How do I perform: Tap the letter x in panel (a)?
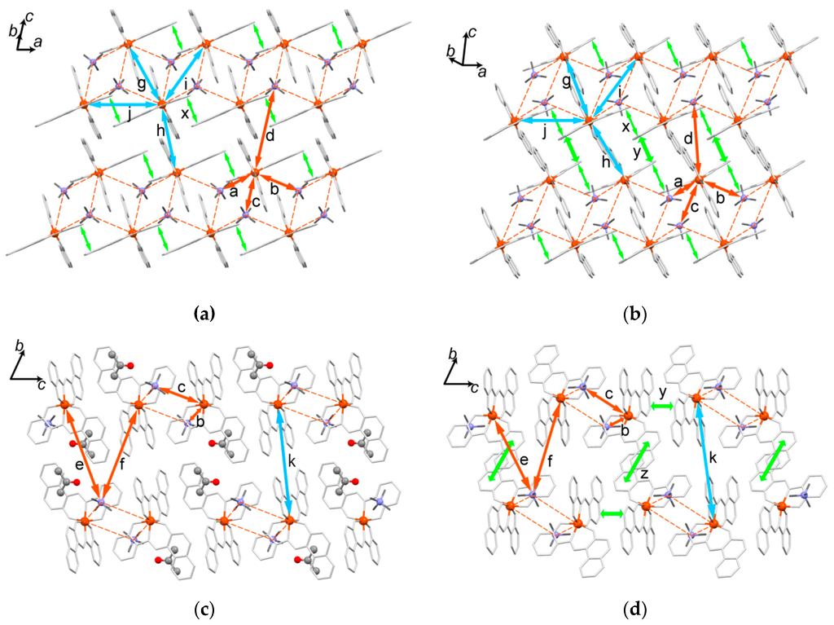(186, 114)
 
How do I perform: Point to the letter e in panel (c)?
(79, 464)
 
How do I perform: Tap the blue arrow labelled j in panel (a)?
(122, 104)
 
